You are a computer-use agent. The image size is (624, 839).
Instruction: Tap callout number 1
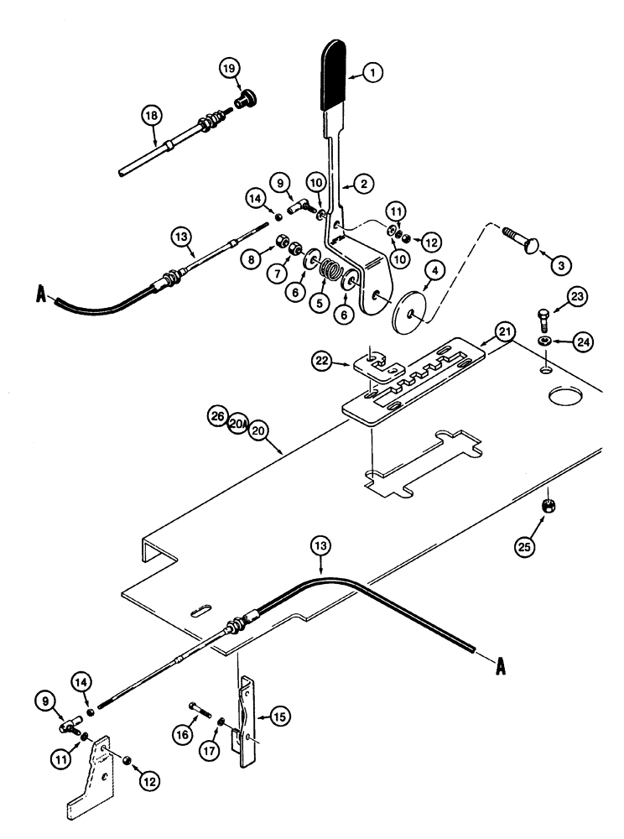(375, 74)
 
